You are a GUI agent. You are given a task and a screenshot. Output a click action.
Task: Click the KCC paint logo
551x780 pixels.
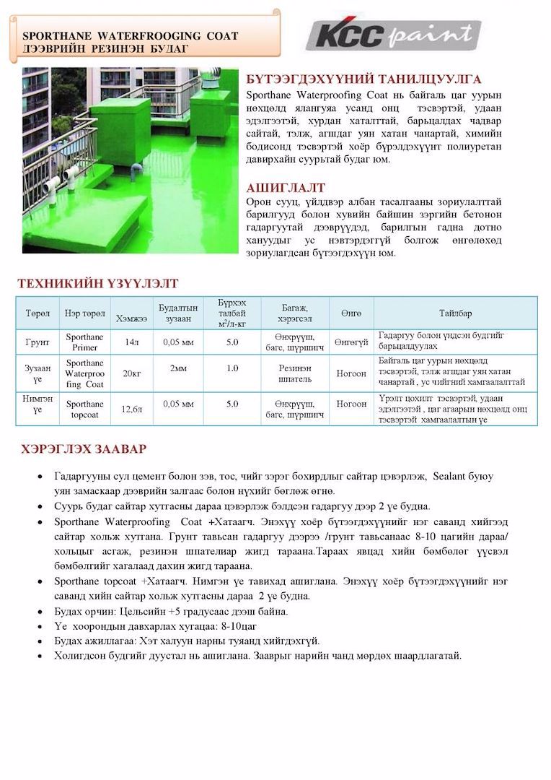click(x=393, y=35)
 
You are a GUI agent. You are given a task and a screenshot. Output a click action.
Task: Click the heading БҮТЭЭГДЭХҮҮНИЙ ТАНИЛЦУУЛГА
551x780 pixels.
click(x=363, y=79)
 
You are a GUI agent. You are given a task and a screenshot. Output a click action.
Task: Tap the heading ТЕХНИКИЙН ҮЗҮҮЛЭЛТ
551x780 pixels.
click(x=97, y=284)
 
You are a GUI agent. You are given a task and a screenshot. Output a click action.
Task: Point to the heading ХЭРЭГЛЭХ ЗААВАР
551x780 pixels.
click(x=84, y=449)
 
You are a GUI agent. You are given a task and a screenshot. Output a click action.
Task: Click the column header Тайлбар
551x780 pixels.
click(x=456, y=313)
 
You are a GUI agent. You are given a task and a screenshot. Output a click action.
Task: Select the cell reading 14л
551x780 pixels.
click(x=132, y=342)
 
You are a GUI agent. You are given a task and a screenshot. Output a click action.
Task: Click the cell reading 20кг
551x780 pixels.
click(x=132, y=373)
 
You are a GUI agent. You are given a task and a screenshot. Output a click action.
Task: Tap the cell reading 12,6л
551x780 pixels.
click(x=132, y=409)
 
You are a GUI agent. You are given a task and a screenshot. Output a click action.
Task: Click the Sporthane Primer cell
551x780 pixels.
click(x=84, y=342)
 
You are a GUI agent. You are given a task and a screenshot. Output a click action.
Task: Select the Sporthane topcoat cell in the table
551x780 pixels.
click(x=84, y=409)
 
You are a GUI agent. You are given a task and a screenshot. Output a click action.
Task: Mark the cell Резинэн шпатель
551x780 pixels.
click(x=294, y=373)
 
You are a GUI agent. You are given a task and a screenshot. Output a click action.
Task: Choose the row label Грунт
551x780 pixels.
click(x=38, y=342)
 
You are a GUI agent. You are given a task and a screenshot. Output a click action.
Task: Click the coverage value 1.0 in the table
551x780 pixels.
click(x=232, y=368)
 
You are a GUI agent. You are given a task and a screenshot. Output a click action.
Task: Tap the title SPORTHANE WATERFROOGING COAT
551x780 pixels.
click(x=130, y=35)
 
